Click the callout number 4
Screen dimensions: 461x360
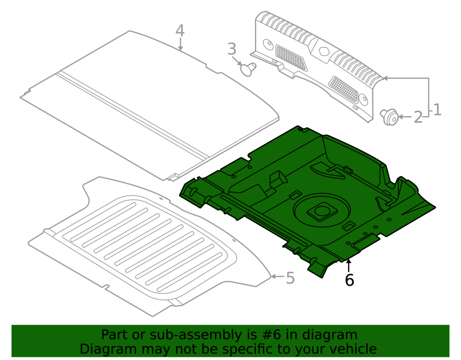180,30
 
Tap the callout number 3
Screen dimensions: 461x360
232,49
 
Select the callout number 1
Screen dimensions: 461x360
437,110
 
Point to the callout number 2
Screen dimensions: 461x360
418,117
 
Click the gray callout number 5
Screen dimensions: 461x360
290,278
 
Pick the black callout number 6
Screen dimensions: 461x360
349,280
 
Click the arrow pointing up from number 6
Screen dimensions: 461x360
349,266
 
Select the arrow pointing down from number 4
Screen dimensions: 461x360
180,45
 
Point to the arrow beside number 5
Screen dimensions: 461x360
278,276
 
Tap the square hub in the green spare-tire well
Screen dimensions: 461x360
322,211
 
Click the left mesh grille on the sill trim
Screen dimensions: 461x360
291,58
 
